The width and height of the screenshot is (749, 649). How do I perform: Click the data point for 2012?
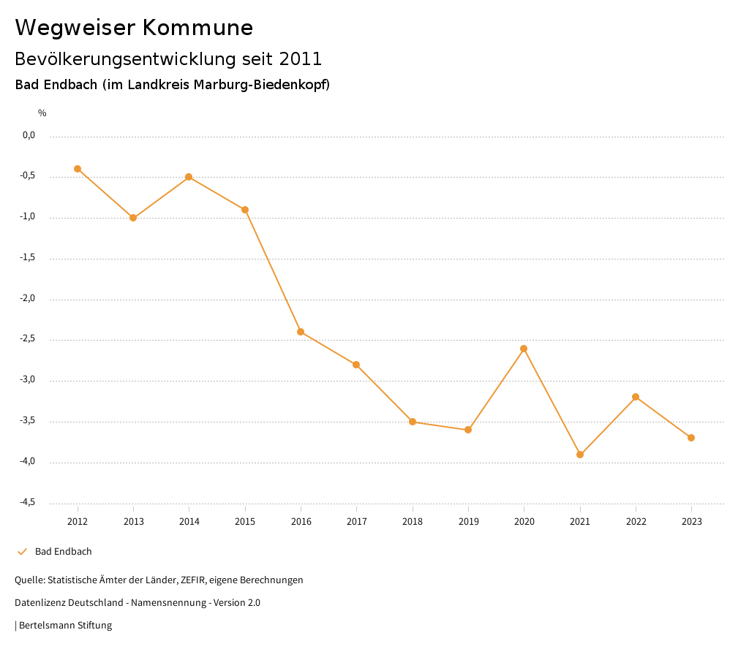tap(78, 169)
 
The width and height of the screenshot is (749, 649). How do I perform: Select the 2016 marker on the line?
tap(301, 332)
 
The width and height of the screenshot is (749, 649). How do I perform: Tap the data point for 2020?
tap(524, 349)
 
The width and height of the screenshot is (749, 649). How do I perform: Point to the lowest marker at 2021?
tap(580, 455)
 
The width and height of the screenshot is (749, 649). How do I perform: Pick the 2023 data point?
tap(691, 438)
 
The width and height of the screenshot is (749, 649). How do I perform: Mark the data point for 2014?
tap(189, 177)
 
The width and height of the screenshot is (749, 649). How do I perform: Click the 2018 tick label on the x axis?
tap(413, 522)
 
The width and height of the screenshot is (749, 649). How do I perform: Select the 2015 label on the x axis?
tap(245, 522)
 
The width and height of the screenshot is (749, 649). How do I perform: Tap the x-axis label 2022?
tap(636, 522)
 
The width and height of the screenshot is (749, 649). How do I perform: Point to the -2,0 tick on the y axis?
tap(29, 299)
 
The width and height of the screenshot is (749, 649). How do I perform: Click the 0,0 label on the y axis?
tap(29, 135)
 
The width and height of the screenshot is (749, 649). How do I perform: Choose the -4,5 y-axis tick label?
tap(29, 503)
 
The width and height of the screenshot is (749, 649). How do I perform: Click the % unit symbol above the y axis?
tap(42, 113)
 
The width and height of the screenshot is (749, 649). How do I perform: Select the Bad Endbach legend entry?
tap(63, 552)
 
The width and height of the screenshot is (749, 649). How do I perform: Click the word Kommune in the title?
tap(198, 28)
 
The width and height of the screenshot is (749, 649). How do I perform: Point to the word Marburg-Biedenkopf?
tap(261, 85)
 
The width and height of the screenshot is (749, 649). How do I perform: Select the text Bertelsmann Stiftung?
tap(65, 626)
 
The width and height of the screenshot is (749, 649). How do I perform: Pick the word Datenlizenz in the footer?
tap(38, 603)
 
